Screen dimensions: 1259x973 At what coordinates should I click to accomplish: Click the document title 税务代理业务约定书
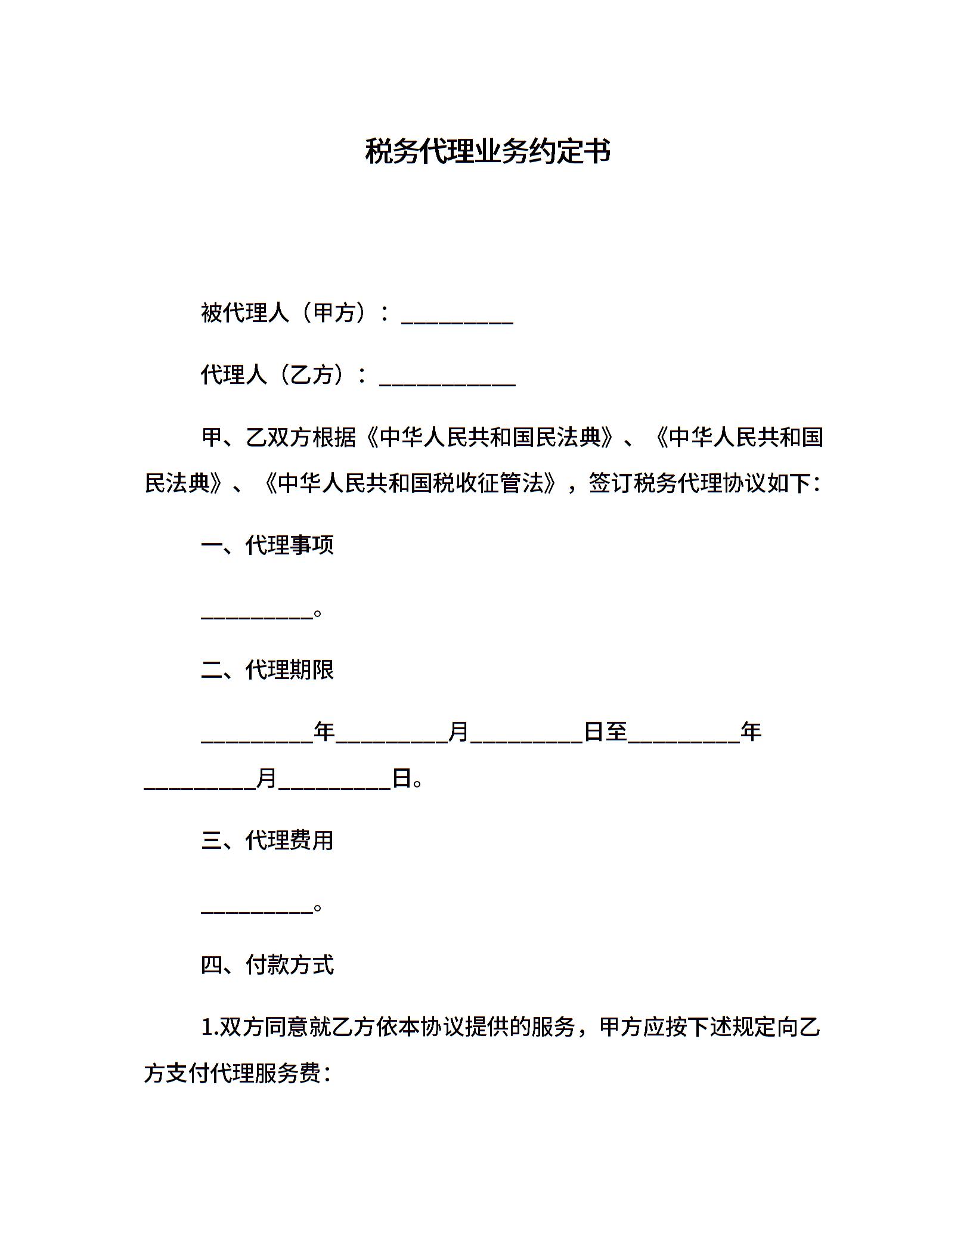pyautogui.click(x=487, y=151)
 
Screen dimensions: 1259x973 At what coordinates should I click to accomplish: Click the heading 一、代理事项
pyautogui.click(x=267, y=545)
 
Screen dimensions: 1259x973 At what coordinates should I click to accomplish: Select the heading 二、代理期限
pyautogui.click(x=267, y=670)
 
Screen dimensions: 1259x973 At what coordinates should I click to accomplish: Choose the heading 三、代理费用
pyautogui.click(x=267, y=841)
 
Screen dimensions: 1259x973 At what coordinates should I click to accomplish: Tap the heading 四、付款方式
pyautogui.click(x=267, y=965)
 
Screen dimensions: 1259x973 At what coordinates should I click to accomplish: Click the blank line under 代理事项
pyautogui.click(x=257, y=614)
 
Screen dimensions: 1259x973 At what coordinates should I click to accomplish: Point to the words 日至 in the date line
pyautogui.click(x=605, y=731)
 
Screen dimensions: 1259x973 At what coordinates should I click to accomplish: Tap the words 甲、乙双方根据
pyautogui.click(x=278, y=438)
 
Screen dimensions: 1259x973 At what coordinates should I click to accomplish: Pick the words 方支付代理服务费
pyautogui.click(x=233, y=1074)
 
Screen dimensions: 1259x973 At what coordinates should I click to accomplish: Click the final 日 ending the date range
pyautogui.click(x=402, y=778)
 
